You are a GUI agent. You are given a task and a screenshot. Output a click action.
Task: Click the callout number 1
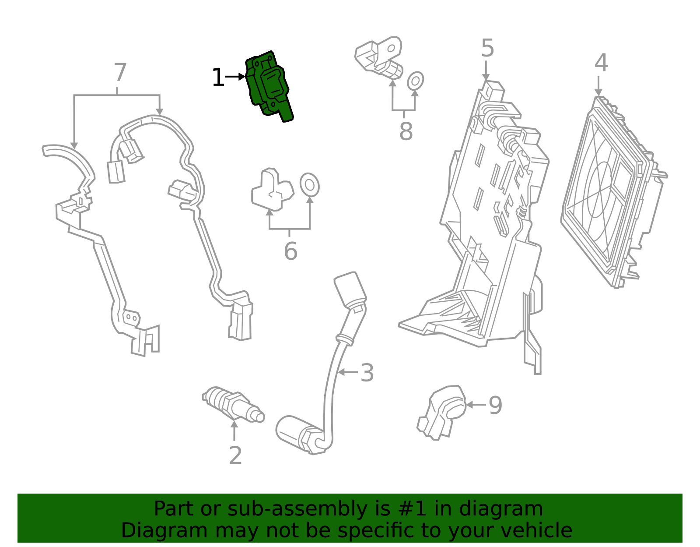coord(218,78)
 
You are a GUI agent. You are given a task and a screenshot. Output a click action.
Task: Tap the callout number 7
coord(120,73)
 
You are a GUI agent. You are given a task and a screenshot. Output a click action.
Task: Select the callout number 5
coord(487,48)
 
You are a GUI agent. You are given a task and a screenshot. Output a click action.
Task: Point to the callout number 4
coord(601,63)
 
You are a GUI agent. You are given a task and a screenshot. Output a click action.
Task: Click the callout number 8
coord(406,131)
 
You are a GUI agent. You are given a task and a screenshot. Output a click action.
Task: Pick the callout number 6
coord(290,251)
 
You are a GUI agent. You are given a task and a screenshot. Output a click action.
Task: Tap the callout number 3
coord(367,373)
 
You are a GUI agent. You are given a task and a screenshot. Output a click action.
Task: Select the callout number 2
coord(235,456)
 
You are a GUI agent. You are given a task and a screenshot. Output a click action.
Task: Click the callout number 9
coord(495,405)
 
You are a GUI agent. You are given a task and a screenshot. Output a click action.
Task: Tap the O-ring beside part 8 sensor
coord(415,81)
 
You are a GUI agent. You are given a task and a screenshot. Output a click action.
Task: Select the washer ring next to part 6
coord(309,185)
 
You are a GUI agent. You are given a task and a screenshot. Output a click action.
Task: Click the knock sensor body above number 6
coord(272,190)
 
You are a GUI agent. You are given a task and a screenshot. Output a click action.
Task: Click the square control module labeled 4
coord(612,193)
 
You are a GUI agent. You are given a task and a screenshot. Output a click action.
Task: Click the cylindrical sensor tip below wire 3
coord(297,434)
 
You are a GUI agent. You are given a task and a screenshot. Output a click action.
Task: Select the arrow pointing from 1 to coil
coord(235,77)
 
